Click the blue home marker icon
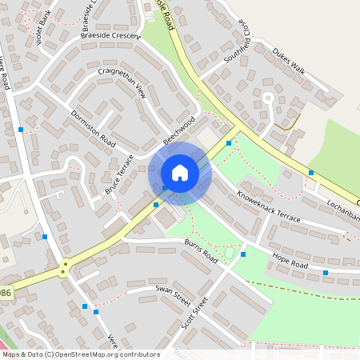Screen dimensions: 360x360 pyautogui.click(x=180, y=174)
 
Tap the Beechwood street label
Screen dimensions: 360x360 pyautogui.click(x=179, y=129)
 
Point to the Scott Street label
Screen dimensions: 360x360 pyautogui.click(x=194, y=313)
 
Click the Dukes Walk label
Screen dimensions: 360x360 pyautogui.click(x=289, y=61)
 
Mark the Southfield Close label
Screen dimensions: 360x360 pyautogui.click(x=238, y=42)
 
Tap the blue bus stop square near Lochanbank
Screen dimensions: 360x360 pyautogui.click(x=310, y=172)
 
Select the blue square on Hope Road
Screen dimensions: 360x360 pyautogui.click(x=326, y=273)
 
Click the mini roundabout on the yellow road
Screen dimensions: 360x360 pyautogui.click(x=63, y=270)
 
